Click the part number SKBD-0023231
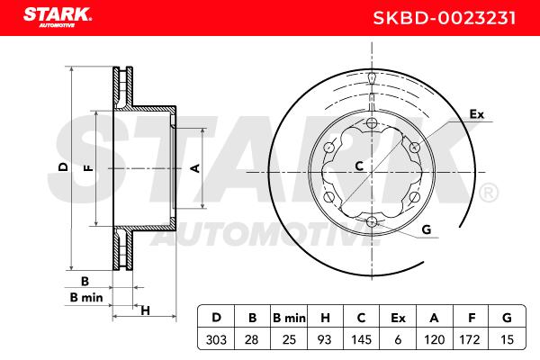(445, 18)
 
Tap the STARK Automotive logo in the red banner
(58, 17)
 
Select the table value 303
(216, 339)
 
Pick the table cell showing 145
(361, 339)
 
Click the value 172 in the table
(470, 339)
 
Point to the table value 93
(324, 339)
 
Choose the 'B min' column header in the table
(289, 318)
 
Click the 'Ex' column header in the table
(398, 318)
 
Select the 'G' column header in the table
(507, 318)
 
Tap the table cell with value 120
(435, 339)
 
